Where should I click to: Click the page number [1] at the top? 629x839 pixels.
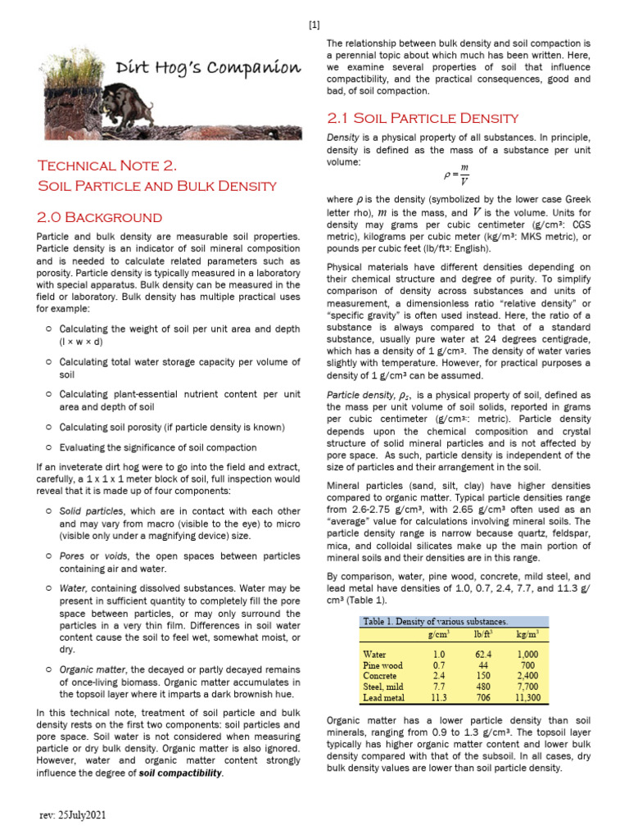314,24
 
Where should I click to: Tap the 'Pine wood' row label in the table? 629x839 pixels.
382,665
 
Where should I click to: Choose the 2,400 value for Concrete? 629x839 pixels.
527,676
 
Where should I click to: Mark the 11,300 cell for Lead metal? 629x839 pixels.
527,698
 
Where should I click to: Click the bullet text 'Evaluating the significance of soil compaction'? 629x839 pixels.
158,447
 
